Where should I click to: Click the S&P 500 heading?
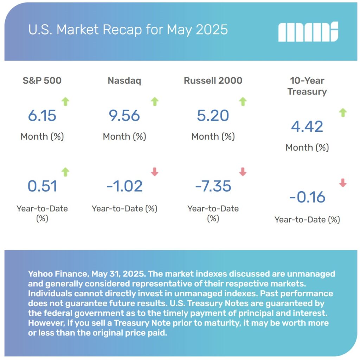coord(42,80)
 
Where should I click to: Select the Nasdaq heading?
coord(124,81)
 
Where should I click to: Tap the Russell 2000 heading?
coord(213,80)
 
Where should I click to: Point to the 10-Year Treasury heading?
coord(307,86)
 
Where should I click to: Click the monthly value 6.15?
coord(42,116)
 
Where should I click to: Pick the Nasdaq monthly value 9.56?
coord(124,116)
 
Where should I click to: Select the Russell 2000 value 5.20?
coord(213,116)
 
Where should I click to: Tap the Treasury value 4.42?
coord(307,127)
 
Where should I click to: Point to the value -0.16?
coord(307,197)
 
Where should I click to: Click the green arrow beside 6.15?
coord(65,102)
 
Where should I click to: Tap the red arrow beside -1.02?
coord(155,172)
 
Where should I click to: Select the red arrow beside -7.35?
coord(243,172)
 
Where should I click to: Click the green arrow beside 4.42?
coord(343,113)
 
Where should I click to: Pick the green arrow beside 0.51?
coord(65,172)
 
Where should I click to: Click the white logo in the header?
coord(308,32)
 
